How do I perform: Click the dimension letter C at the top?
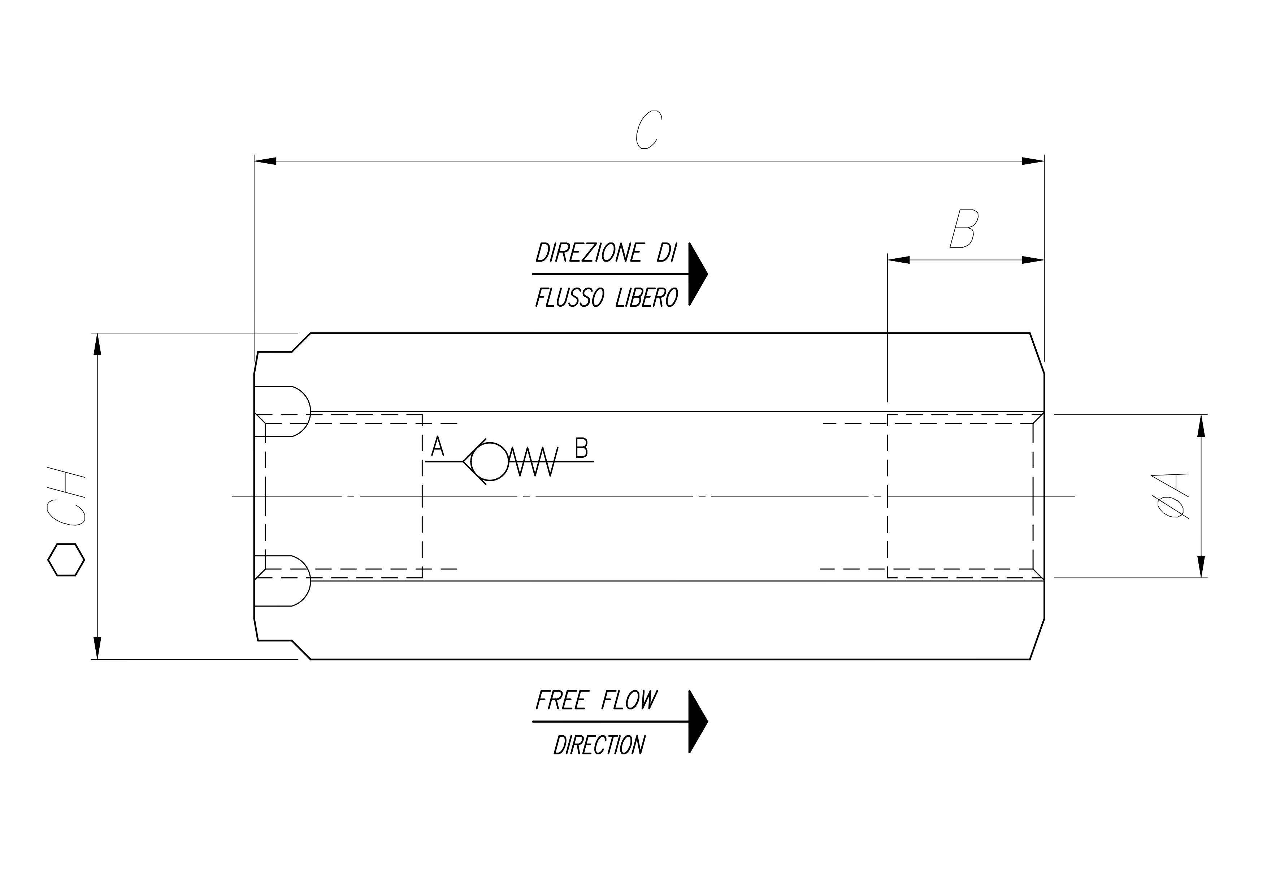648,130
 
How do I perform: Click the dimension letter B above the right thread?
963,228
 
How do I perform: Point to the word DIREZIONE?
589,253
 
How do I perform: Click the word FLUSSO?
569,298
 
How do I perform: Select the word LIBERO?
647,298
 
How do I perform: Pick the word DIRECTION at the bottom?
599,745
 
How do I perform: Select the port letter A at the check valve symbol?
438,446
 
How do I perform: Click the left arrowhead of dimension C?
265,161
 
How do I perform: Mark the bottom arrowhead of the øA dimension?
1201,567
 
